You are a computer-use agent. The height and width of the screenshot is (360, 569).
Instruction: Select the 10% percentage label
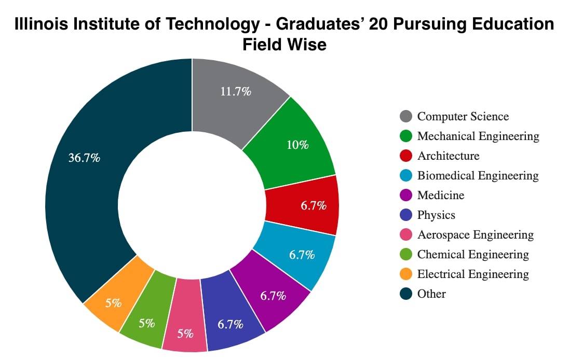[297, 145]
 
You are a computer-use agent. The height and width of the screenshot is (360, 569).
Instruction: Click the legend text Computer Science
[463, 116]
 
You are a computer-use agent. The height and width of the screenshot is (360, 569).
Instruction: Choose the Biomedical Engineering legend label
[478, 175]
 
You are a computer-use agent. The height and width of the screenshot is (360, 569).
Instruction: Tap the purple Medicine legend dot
[407, 196]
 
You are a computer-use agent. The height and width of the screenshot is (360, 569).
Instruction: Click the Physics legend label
[436, 215]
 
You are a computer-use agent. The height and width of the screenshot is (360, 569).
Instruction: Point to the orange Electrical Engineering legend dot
[407, 274]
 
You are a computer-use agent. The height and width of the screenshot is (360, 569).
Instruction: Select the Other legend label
[431, 294]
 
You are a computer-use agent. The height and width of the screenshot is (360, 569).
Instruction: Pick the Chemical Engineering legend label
[473, 254]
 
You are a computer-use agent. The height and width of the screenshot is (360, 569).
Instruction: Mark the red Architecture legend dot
[407, 156]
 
